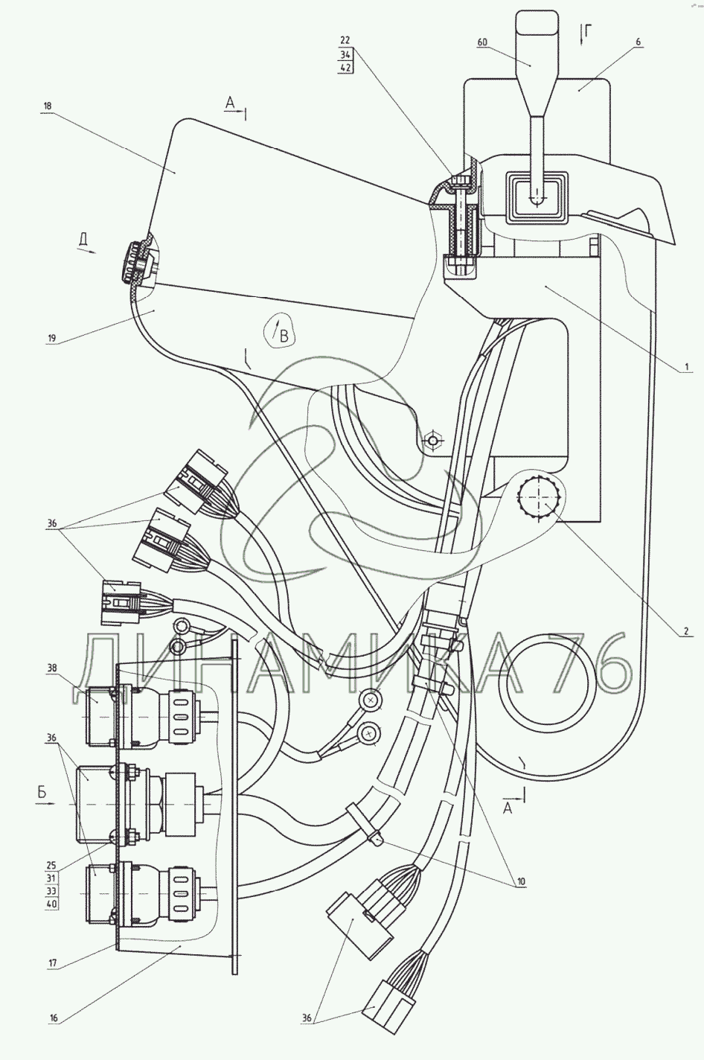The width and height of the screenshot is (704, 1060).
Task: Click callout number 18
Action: coord(47,106)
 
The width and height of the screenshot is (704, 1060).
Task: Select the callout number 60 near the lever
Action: coord(482,43)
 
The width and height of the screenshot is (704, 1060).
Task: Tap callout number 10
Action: coord(521,881)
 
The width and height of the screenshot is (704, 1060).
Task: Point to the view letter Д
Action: coord(85,240)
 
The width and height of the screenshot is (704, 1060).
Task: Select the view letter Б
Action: coord(42,793)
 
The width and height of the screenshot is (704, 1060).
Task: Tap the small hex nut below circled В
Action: coord(432,441)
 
